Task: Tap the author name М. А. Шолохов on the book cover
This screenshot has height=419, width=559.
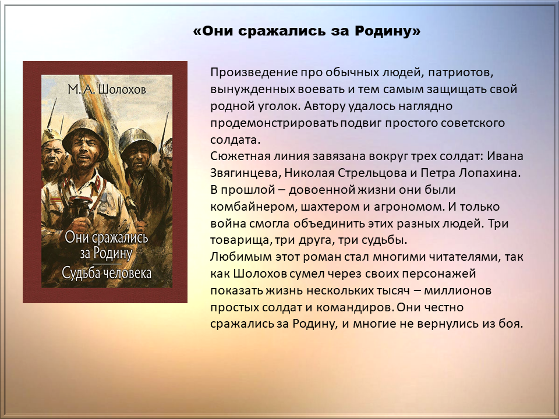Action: pos(107,89)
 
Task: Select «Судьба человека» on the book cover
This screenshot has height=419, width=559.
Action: pos(107,273)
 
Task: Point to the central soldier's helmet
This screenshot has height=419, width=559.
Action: pos(85,133)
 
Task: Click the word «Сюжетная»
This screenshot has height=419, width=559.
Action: pos(240,156)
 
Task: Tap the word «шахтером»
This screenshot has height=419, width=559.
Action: pos(331,207)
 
